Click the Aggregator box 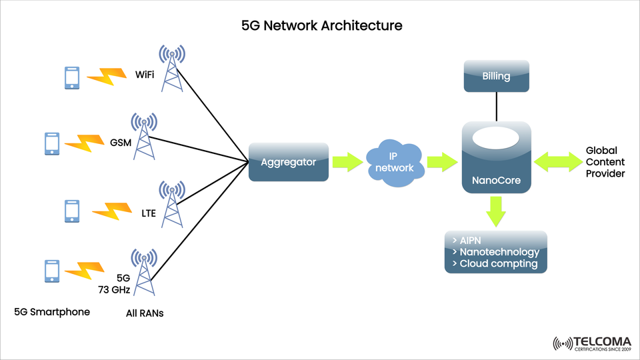pyautogui.click(x=289, y=162)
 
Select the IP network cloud pyautogui.click(x=395, y=162)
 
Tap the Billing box pyautogui.click(x=496, y=76)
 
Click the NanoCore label pyautogui.click(x=496, y=179)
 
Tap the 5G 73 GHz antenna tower pyautogui.click(x=143, y=273)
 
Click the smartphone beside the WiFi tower pyautogui.click(x=72, y=78)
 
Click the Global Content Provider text pyautogui.click(x=605, y=162)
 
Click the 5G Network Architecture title pyautogui.click(x=322, y=26)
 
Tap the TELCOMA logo pyautogui.click(x=592, y=343)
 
